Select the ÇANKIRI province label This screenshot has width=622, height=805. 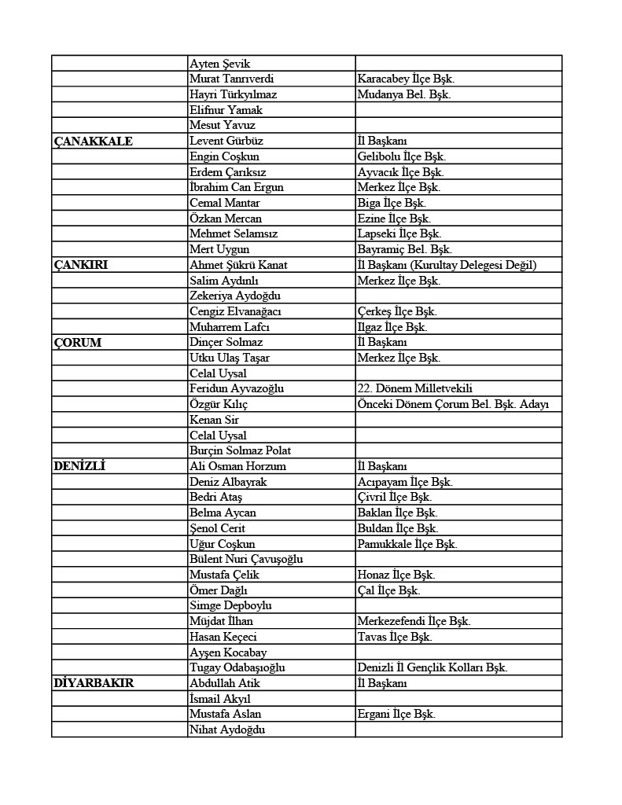coord(81,265)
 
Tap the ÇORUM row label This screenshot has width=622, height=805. coord(77,343)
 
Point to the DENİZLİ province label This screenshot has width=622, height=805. coord(79,466)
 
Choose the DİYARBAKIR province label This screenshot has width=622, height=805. coord(94,683)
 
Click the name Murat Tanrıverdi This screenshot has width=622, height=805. coord(232,79)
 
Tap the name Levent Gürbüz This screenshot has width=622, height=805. coord(226,141)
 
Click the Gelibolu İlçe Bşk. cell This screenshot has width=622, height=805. coord(401,156)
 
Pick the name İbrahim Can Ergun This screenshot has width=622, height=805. coord(237,187)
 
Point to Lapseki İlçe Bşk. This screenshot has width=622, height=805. coord(399,233)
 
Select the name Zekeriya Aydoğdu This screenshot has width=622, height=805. coord(235,296)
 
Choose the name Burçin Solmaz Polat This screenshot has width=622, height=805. coord(240,450)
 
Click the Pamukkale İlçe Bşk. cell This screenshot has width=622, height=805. coord(407,544)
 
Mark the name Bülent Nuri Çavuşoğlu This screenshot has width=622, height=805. coord(246,559)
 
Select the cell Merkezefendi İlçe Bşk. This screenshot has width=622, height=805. coord(414,621)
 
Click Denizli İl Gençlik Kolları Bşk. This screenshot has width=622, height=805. coord(432,667)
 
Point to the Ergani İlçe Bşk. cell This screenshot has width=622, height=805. coord(396,714)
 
